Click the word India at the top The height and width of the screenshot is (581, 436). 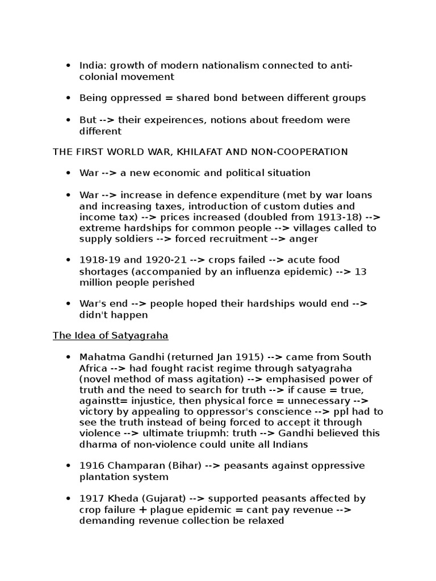tap(91, 65)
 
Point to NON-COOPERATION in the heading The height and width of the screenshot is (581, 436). tap(304, 151)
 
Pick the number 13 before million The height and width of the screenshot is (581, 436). tap(361, 272)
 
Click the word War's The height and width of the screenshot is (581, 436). tap(93, 304)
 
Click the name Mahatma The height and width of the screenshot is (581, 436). tap(100, 357)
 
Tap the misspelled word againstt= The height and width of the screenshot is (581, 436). tap(100, 401)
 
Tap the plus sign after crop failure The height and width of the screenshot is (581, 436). tap(139, 510)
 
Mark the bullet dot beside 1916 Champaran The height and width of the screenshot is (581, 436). tap(69, 466)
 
